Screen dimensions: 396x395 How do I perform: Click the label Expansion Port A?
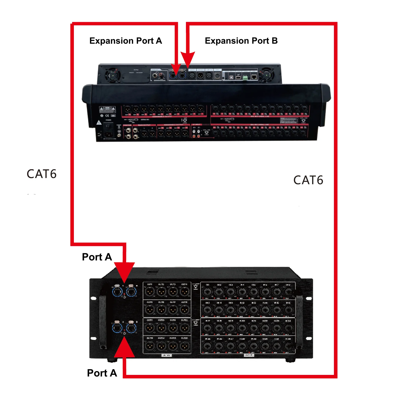coord(126,41)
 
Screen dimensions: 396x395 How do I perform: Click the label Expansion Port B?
coord(241,41)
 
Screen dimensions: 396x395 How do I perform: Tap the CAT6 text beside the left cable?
coord(42,174)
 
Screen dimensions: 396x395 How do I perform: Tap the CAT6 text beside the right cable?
coord(308,180)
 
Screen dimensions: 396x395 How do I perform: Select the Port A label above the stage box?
coord(97,257)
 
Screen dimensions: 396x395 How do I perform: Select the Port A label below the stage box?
coord(102,373)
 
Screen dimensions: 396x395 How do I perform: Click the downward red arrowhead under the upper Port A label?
coord(124,271)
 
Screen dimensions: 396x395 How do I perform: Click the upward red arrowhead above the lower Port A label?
coord(124,348)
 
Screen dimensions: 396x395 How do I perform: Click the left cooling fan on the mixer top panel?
coord(113,75)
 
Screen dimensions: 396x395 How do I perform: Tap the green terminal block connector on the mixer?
coord(245,78)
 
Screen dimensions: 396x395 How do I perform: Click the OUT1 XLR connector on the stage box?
coord(150,292)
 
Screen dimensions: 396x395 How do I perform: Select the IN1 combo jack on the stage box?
coord(208,292)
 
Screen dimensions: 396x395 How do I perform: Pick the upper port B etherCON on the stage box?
coord(131,292)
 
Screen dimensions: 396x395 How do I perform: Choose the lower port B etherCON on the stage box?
coord(131,328)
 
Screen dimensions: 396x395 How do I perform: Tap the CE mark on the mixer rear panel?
coord(107,116)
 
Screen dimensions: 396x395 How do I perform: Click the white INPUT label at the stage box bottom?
coord(249,355)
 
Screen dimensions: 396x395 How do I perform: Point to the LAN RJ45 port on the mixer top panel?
coord(254,77)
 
